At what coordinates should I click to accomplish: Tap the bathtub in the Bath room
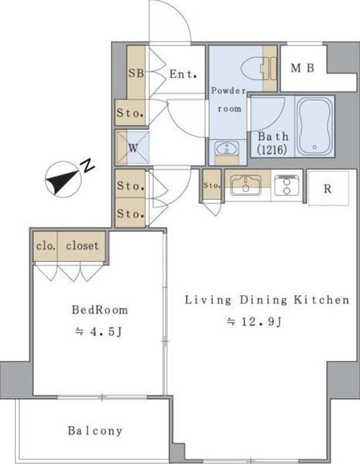click(315, 126)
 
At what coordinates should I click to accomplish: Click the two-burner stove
click(286, 185)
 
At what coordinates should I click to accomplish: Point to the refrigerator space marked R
click(328, 188)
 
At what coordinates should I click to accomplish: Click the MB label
click(302, 68)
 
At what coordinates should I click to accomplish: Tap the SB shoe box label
click(136, 73)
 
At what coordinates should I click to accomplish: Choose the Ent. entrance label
click(183, 74)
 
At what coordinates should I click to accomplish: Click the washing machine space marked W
click(133, 148)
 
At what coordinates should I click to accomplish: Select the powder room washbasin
click(227, 148)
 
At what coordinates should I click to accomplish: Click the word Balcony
click(95, 431)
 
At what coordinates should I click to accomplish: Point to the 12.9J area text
click(254, 321)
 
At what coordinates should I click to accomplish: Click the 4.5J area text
click(99, 332)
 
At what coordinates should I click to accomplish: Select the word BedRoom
click(100, 310)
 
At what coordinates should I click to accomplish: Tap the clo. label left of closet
click(46, 246)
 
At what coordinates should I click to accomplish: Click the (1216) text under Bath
click(272, 150)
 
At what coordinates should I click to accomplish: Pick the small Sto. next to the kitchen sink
click(212, 186)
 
